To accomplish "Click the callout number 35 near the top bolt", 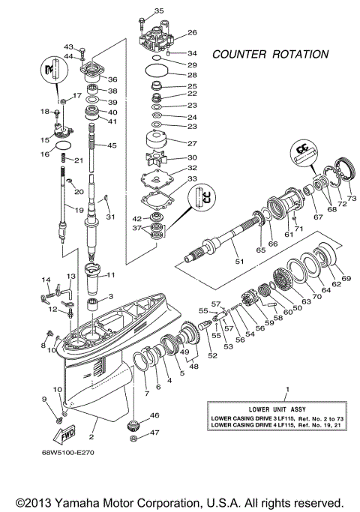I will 158,10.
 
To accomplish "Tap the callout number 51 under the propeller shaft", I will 240,262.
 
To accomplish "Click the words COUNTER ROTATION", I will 269,55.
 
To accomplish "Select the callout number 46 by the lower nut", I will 155,415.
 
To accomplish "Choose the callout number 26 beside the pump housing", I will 191,33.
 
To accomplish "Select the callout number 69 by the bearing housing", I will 346,279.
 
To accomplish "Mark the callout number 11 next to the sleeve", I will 121,274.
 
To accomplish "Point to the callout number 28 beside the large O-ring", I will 191,76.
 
